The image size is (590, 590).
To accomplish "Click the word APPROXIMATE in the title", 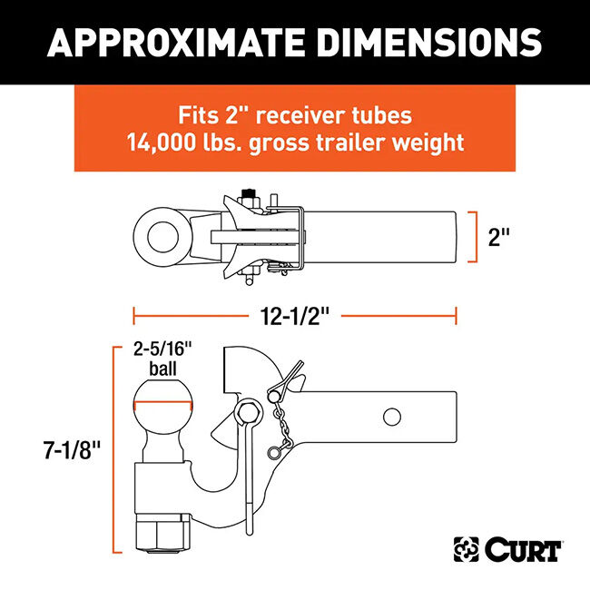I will pos(186,42).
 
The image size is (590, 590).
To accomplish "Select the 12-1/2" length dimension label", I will pos(294,316).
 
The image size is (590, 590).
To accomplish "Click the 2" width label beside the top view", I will pos(500,239).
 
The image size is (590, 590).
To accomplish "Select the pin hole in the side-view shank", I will pos(392,417).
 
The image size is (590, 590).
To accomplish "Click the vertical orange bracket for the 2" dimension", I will pos(475,238).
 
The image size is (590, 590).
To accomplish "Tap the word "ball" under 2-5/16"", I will pos(163,369).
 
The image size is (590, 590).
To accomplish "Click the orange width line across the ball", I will pos(164,405).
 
